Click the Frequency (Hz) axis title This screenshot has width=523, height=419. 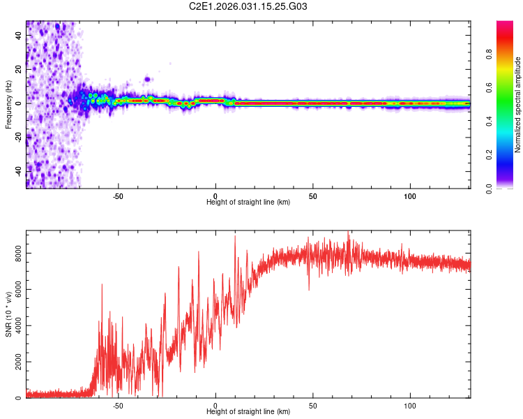8,105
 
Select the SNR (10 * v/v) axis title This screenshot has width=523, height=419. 8,314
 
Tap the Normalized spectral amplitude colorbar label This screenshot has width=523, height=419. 518,105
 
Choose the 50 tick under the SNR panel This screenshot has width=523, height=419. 313,405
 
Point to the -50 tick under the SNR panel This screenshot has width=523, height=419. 117,405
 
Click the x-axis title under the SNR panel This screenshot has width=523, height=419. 248,412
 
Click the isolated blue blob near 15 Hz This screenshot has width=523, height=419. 147,79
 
